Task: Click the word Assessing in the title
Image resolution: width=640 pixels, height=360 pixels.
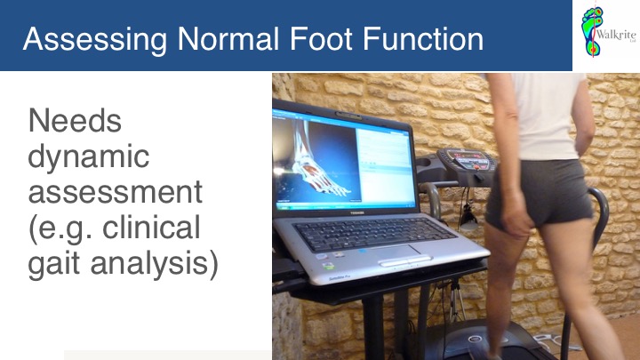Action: pos(95,40)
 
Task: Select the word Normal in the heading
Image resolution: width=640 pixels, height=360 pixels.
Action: pos(228,39)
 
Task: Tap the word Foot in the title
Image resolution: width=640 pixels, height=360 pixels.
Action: pos(321,39)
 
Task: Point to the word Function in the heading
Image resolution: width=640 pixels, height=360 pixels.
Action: pos(423,39)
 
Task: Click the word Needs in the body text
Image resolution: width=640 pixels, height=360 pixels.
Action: pos(75,120)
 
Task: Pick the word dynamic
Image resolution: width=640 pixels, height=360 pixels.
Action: pos(89,157)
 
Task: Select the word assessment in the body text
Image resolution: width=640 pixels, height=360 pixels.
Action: pos(115,192)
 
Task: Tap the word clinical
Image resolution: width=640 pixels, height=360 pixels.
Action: pos(151,227)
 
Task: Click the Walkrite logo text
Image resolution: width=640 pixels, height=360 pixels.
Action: pos(616,35)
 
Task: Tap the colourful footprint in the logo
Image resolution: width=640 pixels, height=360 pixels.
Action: pos(592,31)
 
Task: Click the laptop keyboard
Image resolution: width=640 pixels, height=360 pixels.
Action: pos(372,234)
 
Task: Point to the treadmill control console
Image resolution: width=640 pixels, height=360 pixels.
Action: pos(466,162)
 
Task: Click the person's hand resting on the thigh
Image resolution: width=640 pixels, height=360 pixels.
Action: pos(515,215)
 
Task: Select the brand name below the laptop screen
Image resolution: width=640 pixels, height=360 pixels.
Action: pos(357,212)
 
